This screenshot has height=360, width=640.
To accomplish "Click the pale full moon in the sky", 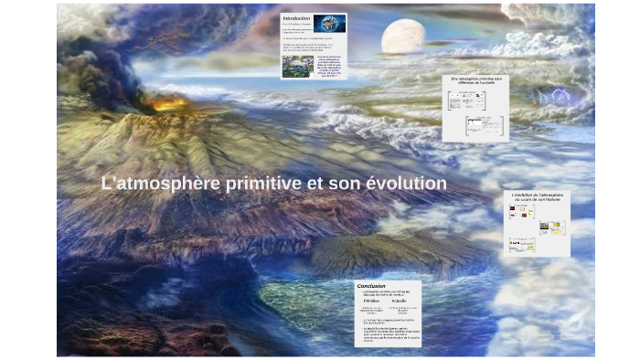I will click(402, 37).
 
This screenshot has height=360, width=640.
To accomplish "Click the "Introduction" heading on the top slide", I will click(296, 18).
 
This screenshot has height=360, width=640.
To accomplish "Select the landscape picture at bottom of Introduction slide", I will click(298, 66).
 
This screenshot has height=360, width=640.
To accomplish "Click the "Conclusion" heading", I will click(371, 285).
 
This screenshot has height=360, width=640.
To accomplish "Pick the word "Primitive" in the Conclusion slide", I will click(370, 301).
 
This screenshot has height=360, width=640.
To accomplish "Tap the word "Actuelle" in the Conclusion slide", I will click(400, 301).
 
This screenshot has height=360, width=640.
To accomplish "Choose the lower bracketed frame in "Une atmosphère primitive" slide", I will click(484, 125).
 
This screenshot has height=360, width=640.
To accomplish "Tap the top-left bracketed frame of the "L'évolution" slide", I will click(521, 212).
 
